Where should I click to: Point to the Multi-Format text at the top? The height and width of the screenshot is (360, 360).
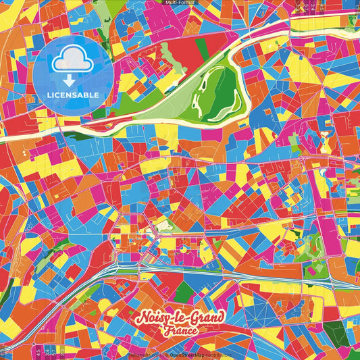tap(180, 3)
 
